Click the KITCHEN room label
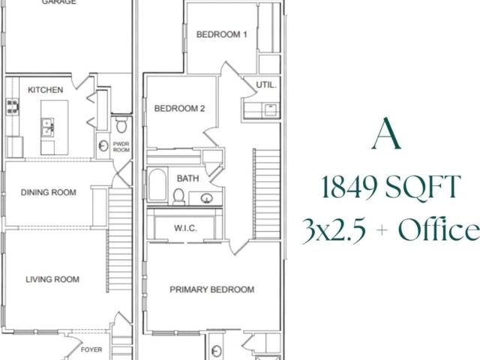tap(45, 90)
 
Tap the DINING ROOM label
tap(48, 192)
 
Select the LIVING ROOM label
tap(52, 279)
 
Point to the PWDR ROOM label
tap(121, 147)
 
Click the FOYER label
tap(91, 349)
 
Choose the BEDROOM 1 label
tap(222, 34)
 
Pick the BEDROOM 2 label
tap(179, 108)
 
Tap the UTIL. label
tap(266, 85)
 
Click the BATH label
tap(187, 178)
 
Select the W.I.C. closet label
tap(185, 228)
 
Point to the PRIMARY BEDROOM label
tap(211, 289)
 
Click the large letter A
tap(387, 133)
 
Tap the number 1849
tap(349, 187)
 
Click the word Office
tap(439, 228)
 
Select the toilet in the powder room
tap(121, 124)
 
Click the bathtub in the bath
tap(157, 184)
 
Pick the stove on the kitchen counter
tap(12, 106)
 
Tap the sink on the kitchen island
tap(47, 127)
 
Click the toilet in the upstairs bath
tap(178, 196)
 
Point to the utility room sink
tap(271, 110)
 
